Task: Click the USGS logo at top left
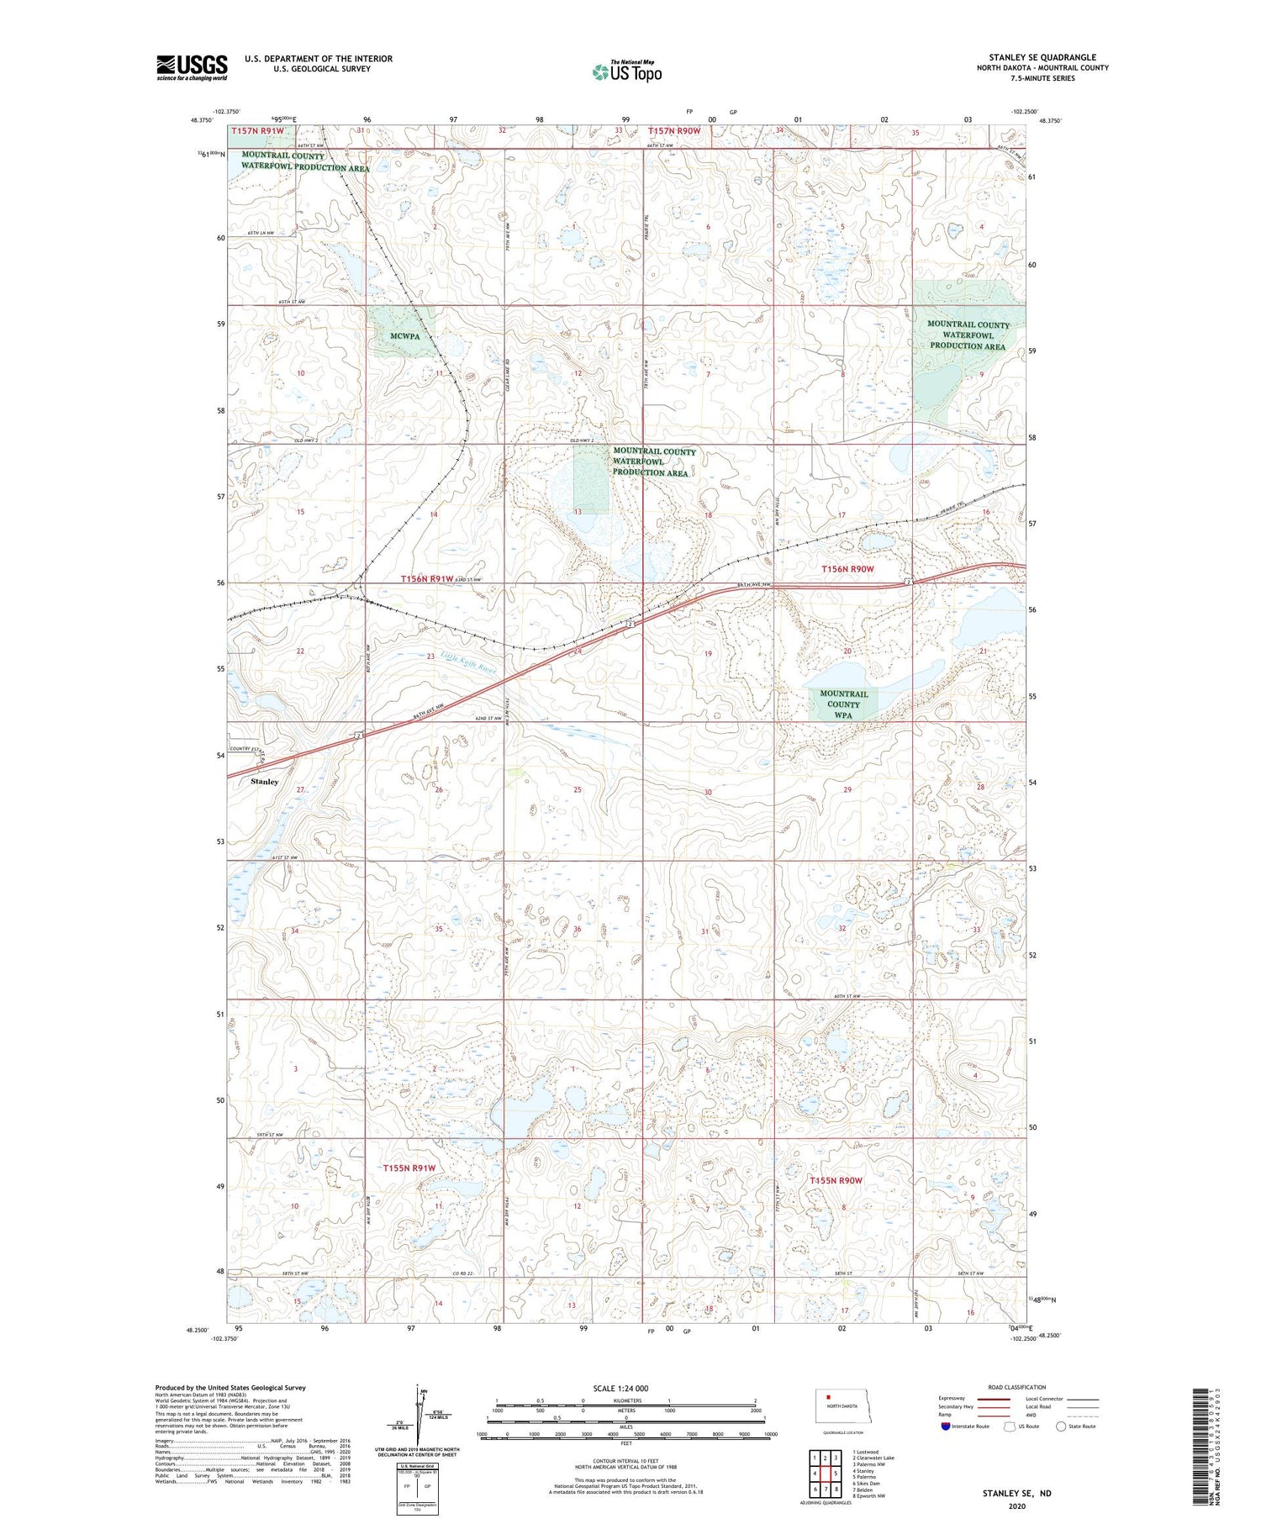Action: (x=192, y=67)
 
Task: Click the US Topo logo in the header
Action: (x=626, y=72)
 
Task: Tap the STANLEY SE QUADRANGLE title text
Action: (x=1042, y=57)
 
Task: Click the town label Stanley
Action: (x=265, y=782)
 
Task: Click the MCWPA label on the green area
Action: (x=405, y=336)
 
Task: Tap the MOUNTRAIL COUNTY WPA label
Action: (x=843, y=704)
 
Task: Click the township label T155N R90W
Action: (x=836, y=1180)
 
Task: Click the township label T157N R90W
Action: (x=673, y=131)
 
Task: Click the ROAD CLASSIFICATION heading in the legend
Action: (x=1017, y=1387)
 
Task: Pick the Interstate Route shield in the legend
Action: (x=946, y=1426)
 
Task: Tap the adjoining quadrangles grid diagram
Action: (x=826, y=1472)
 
